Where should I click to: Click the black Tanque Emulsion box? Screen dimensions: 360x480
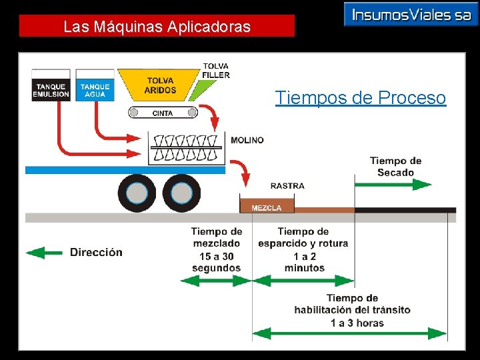(x=51, y=90)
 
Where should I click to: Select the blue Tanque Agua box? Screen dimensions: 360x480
(x=95, y=90)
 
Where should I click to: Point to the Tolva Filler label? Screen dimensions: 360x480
(x=216, y=71)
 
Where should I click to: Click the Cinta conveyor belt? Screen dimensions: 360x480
(x=162, y=113)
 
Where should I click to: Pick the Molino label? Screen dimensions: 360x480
(x=247, y=140)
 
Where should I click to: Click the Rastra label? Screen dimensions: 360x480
(x=287, y=186)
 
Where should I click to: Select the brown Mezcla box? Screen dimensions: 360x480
(x=266, y=207)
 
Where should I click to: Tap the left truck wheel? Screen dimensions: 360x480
(x=137, y=193)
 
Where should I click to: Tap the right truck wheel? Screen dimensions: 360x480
(x=181, y=193)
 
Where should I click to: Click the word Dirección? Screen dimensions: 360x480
(x=96, y=252)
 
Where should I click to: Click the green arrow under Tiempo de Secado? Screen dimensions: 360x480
(x=393, y=184)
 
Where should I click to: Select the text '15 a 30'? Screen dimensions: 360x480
(x=216, y=256)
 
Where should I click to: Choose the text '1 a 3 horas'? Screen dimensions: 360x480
(x=357, y=323)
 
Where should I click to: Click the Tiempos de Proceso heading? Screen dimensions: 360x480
(x=361, y=99)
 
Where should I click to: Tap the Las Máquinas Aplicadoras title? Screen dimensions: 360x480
(x=157, y=27)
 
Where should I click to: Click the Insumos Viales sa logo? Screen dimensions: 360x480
(x=411, y=15)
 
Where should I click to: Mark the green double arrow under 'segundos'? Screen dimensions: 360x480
(x=216, y=281)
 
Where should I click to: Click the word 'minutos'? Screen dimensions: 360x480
(x=305, y=268)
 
